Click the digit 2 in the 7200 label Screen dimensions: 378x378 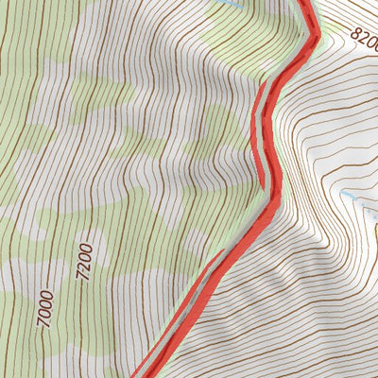84,266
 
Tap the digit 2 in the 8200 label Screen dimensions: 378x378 362,38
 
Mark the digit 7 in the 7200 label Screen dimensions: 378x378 82,277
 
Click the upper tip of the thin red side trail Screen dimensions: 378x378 224,250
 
